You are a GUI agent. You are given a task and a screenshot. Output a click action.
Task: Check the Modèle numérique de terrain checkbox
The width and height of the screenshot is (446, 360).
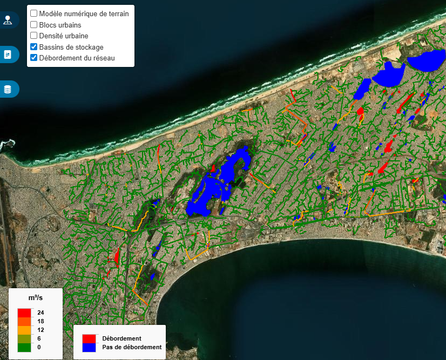33,13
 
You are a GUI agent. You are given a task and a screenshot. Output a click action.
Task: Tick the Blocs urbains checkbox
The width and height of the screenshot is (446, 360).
33,25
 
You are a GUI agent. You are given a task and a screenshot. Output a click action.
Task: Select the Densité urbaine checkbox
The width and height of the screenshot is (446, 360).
33,36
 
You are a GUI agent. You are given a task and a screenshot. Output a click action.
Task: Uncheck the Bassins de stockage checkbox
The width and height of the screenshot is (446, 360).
33,47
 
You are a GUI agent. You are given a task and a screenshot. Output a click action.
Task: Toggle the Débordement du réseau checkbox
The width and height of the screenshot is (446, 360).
33,58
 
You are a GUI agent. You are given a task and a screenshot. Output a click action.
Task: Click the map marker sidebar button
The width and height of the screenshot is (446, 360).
8,21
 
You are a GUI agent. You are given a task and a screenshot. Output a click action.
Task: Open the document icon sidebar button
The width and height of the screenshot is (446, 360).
8,55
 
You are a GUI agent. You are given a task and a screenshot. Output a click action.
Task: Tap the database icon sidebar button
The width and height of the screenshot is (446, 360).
8,89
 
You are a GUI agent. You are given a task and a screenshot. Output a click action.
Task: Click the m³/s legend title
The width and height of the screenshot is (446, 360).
36,298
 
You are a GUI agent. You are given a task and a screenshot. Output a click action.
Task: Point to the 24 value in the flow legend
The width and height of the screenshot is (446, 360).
40,313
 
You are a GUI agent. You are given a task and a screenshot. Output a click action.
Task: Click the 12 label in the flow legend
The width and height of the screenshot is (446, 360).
40,330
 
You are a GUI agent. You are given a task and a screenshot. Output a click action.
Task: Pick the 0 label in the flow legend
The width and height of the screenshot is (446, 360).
39,347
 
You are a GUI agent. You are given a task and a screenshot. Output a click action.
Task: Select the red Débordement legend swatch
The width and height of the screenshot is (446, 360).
89,338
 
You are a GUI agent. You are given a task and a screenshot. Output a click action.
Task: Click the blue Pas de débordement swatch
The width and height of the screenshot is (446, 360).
89,347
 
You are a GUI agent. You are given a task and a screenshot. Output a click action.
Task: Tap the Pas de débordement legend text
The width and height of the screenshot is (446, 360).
132,347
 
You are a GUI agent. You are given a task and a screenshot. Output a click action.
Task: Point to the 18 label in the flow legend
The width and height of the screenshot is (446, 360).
40,321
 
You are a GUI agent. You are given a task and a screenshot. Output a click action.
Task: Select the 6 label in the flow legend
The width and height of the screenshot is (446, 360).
39,338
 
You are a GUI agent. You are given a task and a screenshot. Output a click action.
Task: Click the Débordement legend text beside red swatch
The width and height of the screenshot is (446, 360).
121,338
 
